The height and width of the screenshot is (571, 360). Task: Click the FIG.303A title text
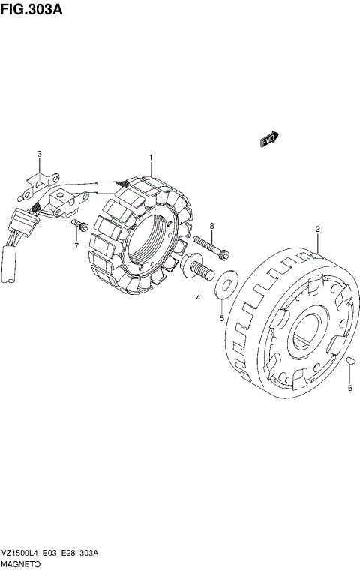(x=31, y=10)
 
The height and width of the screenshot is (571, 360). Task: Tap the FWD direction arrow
(x=270, y=139)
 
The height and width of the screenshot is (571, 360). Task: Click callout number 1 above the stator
(x=151, y=158)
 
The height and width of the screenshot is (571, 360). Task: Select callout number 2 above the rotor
(x=318, y=229)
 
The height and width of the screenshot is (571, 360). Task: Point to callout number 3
(x=40, y=154)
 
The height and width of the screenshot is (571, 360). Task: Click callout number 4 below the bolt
(x=198, y=298)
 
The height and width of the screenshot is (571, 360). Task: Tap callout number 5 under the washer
(x=222, y=319)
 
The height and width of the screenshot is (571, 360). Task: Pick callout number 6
(x=350, y=388)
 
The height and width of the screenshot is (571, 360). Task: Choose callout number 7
(x=76, y=246)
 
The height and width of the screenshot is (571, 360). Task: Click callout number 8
(x=211, y=226)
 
